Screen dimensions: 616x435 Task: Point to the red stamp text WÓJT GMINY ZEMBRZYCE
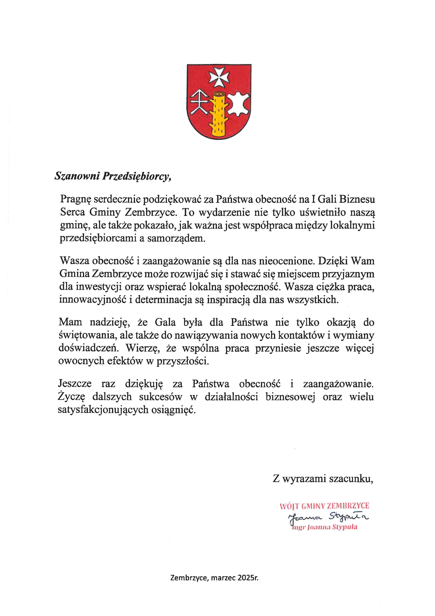tap(324, 506)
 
